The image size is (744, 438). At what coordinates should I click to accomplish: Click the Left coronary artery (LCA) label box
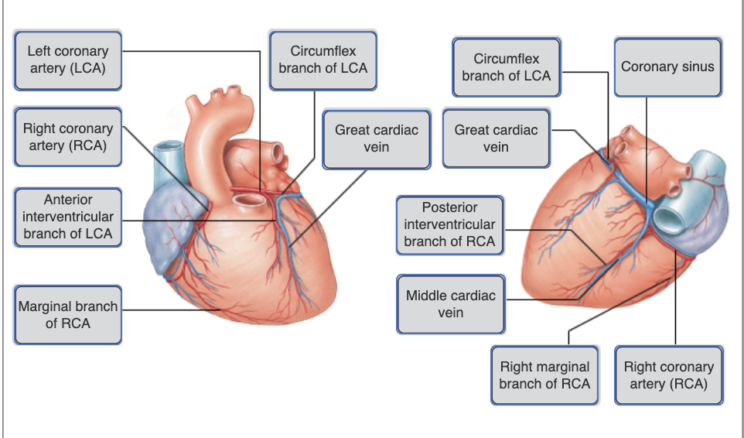click(67, 59)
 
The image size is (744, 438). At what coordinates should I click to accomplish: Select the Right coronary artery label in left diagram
click(67, 137)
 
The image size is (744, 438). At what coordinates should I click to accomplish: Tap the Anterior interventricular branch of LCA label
click(67, 217)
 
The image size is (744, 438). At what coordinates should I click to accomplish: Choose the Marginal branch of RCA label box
click(67, 314)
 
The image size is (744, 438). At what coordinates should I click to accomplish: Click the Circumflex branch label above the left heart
click(323, 59)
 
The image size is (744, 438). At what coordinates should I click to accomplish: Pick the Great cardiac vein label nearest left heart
click(376, 139)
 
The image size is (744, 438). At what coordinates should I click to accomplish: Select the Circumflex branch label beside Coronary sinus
click(506, 67)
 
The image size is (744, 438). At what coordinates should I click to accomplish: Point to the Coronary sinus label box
click(667, 67)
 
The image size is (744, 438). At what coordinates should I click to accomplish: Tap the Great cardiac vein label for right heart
click(496, 139)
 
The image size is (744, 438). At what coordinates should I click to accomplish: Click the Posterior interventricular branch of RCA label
click(449, 224)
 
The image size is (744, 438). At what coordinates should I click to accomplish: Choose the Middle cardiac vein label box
click(450, 304)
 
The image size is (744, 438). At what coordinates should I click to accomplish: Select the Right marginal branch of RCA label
click(544, 375)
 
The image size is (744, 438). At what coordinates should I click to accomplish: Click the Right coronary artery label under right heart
click(668, 375)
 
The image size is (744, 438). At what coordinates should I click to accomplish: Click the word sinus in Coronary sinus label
click(694, 67)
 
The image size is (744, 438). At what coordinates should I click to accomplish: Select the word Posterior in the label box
click(449, 207)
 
